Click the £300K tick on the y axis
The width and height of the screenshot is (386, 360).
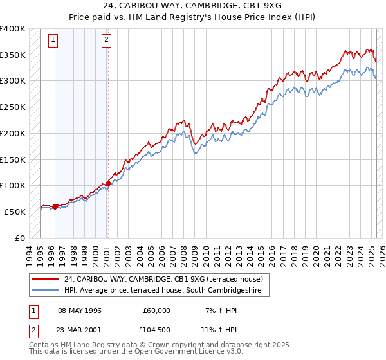13,81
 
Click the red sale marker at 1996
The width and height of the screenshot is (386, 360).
55,206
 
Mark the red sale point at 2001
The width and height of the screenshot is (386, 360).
108,183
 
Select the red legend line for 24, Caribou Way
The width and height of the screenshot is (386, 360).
45,280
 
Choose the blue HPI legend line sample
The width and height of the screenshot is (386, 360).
45,291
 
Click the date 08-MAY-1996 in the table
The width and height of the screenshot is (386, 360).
80,310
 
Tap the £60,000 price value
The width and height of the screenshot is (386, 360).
156,310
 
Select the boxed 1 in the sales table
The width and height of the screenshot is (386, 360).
32,310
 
